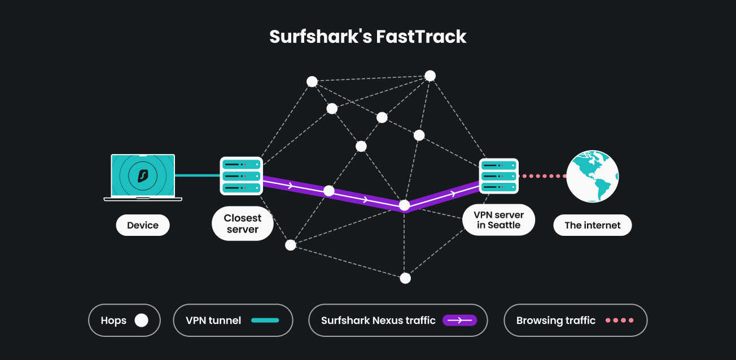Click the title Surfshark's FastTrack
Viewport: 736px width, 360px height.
[367, 37]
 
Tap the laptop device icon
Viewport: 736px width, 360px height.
[143, 177]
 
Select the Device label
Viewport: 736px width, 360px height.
[143, 225]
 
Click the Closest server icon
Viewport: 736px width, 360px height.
[242, 175]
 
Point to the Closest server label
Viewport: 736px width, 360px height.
[243, 224]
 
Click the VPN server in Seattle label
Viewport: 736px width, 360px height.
[498, 220]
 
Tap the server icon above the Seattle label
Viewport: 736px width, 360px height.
[498, 175]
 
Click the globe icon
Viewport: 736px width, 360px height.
[593, 176]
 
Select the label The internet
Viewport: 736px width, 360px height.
[592, 225]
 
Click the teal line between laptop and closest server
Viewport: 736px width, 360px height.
[197, 175]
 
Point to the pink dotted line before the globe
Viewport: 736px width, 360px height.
[544, 176]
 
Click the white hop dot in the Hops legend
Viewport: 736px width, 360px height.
[141, 321]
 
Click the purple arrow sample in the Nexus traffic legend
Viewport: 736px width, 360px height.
[459, 321]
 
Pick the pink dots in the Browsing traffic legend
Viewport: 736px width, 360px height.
[619, 321]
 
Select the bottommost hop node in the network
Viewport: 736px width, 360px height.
[405, 278]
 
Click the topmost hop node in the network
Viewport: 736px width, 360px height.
[430, 76]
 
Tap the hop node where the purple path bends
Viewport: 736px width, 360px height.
[404, 205]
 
